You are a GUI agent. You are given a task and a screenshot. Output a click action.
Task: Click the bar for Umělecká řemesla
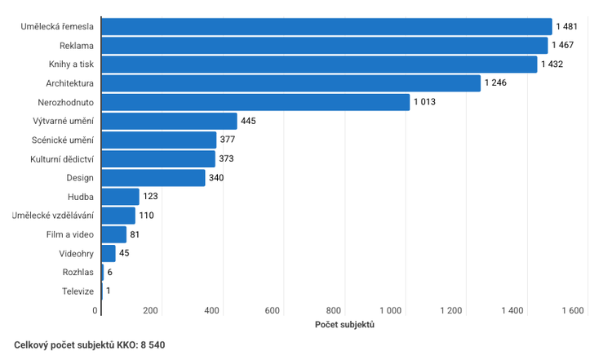point(326,27)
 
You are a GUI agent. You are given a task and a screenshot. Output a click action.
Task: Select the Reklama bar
point(325,46)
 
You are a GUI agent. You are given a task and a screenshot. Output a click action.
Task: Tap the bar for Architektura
point(291,83)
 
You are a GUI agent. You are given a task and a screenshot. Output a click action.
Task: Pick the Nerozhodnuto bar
point(255,102)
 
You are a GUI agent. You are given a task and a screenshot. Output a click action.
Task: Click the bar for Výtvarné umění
point(169,121)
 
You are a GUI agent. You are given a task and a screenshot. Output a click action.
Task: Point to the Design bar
point(153,177)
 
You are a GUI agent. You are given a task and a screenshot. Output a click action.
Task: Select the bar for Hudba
point(120,197)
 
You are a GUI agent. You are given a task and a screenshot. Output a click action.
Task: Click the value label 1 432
point(552,64)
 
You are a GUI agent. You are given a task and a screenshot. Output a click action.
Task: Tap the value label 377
point(228,140)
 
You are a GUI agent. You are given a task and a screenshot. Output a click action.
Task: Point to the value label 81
point(135,234)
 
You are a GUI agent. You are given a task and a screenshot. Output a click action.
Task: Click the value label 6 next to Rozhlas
point(110,272)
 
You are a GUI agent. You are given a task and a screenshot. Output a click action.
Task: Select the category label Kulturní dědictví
point(62,158)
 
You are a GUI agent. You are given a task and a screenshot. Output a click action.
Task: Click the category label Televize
point(78,291)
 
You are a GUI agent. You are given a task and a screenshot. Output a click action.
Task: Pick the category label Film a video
point(70,234)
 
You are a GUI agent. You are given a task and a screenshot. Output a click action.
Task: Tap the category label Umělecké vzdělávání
point(53,216)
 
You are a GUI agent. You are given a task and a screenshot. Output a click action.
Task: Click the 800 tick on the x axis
point(333,311)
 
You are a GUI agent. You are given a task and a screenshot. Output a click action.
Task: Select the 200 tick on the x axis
point(150,311)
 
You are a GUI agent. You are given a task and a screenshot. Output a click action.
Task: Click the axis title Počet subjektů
point(344,325)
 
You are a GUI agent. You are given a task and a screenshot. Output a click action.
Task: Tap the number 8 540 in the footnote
point(152,345)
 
